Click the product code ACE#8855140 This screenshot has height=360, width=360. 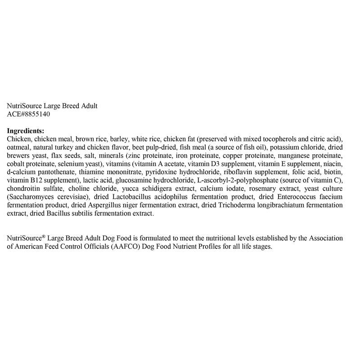tap(29, 115)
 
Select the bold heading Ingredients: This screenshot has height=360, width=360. tap(26, 130)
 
